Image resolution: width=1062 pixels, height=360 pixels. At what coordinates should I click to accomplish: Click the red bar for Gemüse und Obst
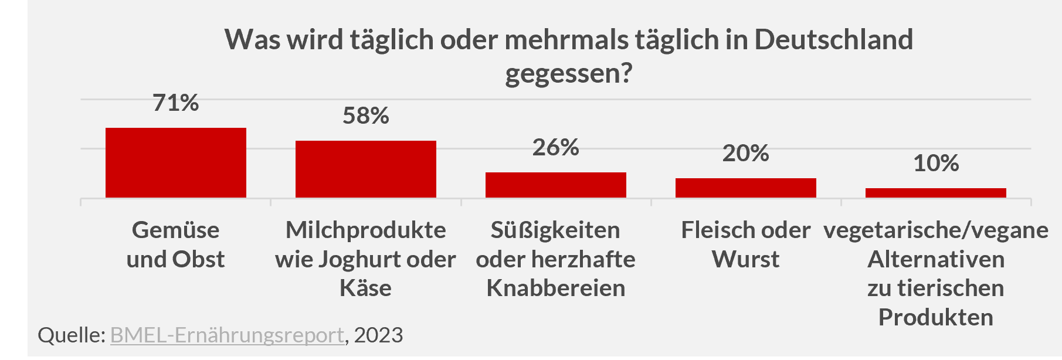(x=175, y=162)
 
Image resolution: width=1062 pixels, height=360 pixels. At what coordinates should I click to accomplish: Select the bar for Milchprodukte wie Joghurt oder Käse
(x=365, y=169)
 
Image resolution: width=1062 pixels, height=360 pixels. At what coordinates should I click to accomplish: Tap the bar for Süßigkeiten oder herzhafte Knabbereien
(x=555, y=185)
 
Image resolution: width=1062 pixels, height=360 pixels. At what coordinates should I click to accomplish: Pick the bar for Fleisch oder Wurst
(x=745, y=188)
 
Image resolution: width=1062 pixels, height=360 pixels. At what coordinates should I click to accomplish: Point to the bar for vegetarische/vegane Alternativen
(x=935, y=193)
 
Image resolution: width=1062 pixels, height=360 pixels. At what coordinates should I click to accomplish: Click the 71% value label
(x=175, y=103)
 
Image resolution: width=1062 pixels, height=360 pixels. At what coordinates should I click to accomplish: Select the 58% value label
(x=365, y=116)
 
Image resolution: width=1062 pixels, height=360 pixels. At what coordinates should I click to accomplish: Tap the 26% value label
(x=555, y=148)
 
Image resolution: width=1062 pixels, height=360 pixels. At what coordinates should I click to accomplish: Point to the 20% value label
(x=745, y=154)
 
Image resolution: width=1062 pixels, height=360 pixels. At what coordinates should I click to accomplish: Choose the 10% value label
(x=935, y=164)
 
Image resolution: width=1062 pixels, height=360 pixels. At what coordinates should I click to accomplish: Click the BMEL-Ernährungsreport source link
(x=226, y=335)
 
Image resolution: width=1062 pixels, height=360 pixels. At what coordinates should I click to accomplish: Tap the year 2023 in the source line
(x=378, y=335)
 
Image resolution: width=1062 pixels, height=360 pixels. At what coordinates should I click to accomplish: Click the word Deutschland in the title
(x=833, y=40)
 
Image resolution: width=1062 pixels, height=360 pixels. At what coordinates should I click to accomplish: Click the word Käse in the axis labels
(x=365, y=288)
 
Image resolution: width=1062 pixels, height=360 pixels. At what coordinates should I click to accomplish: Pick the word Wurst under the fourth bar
(x=745, y=259)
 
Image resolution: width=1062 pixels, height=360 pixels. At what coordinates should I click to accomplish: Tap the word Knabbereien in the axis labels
(x=555, y=288)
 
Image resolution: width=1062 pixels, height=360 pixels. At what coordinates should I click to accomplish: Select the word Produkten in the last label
(x=935, y=317)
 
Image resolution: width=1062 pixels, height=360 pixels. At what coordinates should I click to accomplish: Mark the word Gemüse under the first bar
(x=175, y=230)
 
